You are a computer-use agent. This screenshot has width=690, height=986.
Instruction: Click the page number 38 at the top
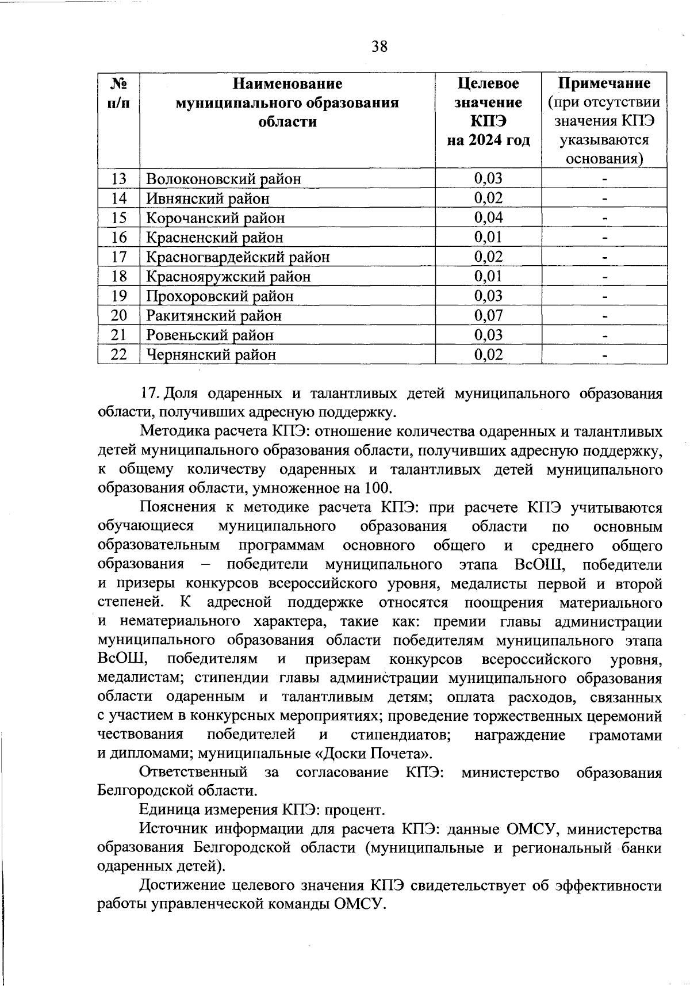pos(379,47)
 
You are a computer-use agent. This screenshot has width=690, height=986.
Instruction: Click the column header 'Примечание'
pos(604,84)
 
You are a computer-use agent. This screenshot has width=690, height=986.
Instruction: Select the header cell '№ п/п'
pos(118,93)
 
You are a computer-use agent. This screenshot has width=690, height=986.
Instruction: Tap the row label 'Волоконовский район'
pos(224,179)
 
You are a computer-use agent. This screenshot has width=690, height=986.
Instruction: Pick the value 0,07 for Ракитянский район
pos(488,315)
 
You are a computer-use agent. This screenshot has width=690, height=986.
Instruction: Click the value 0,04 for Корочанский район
pos(488,217)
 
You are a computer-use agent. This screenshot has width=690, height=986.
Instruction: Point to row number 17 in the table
pos(118,257)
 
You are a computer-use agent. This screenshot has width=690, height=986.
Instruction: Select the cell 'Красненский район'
pos(214,237)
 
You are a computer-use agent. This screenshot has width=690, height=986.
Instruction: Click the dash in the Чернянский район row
pos(604,355)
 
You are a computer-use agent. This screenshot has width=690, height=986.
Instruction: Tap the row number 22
pos(118,354)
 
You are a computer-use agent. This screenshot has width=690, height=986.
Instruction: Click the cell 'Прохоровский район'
pos(220,296)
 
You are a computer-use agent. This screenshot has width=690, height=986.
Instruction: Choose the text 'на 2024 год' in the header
pos(488,140)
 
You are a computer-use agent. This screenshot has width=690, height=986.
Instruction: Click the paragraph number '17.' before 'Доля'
pos(150,394)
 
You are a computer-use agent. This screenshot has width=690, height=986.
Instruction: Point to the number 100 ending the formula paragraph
pos(378,488)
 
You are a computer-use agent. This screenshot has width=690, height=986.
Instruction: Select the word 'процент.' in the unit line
pos(354,811)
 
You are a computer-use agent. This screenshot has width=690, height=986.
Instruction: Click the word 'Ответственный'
pos(194,773)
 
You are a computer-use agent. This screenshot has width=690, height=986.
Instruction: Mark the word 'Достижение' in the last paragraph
pos(186,886)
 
